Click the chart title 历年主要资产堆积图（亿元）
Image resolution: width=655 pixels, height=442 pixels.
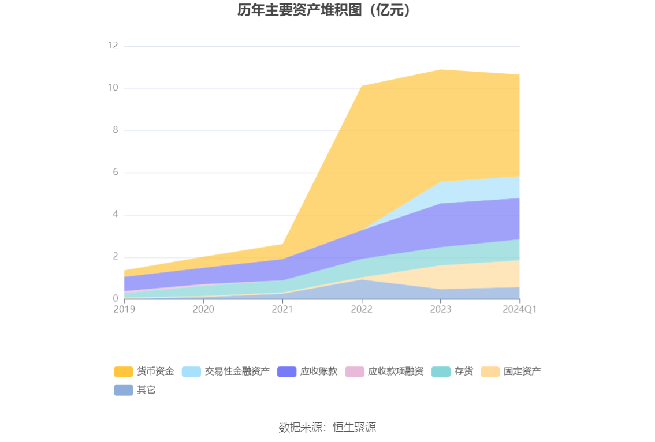point(327,10)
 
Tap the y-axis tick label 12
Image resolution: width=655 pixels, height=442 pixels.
point(113,46)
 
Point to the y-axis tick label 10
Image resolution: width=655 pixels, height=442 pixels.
point(113,88)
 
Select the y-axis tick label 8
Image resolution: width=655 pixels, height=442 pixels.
point(115,130)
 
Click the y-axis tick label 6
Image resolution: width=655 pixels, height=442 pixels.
point(115,173)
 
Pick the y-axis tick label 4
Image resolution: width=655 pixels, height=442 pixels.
point(115,215)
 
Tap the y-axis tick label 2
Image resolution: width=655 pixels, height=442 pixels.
point(115,257)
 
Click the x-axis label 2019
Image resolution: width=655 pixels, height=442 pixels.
point(124,309)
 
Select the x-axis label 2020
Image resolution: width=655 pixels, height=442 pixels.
point(203,309)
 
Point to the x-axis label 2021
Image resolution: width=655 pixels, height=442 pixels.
point(282,309)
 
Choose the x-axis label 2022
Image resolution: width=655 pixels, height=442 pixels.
point(362,309)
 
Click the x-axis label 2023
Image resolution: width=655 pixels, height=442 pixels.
point(441,309)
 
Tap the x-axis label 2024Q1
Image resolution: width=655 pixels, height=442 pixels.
point(520,309)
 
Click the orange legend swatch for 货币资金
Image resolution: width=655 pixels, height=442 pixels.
point(124,372)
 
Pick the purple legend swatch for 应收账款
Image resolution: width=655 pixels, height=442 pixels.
point(286,372)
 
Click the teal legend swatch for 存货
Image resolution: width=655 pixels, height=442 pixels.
point(441,372)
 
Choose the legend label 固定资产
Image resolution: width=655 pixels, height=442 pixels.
point(522,372)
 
